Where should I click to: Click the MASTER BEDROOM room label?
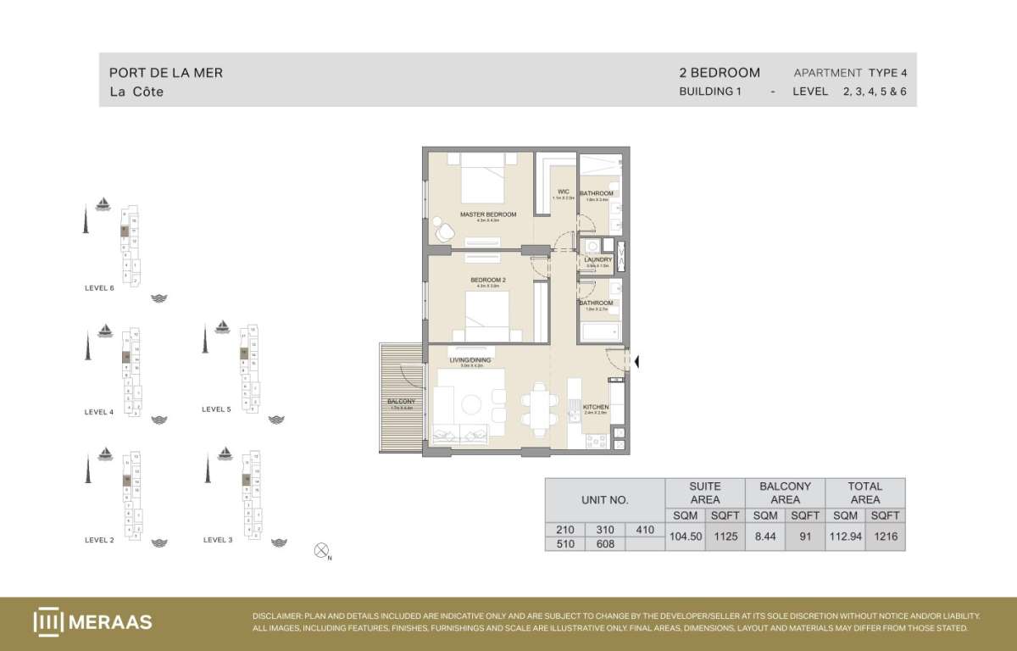coord(487,214)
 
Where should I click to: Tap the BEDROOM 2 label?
coord(487,280)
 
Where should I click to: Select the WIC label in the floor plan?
coord(563,192)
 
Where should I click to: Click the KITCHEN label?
coord(596,407)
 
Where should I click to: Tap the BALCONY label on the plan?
coord(400,401)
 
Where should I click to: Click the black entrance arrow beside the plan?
coord(637,363)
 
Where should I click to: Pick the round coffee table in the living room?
coord(471,404)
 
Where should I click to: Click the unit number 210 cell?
coord(564,530)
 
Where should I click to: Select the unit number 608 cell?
coord(605,544)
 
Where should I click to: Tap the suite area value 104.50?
coord(685,537)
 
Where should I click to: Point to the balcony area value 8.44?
coord(765,537)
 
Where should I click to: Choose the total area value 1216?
coord(885,537)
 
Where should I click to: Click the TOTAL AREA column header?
coord(864,492)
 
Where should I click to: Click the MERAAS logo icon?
coord(47,621)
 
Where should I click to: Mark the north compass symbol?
coord(321,551)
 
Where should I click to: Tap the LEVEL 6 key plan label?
coord(99,288)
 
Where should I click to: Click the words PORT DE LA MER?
coord(166,73)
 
